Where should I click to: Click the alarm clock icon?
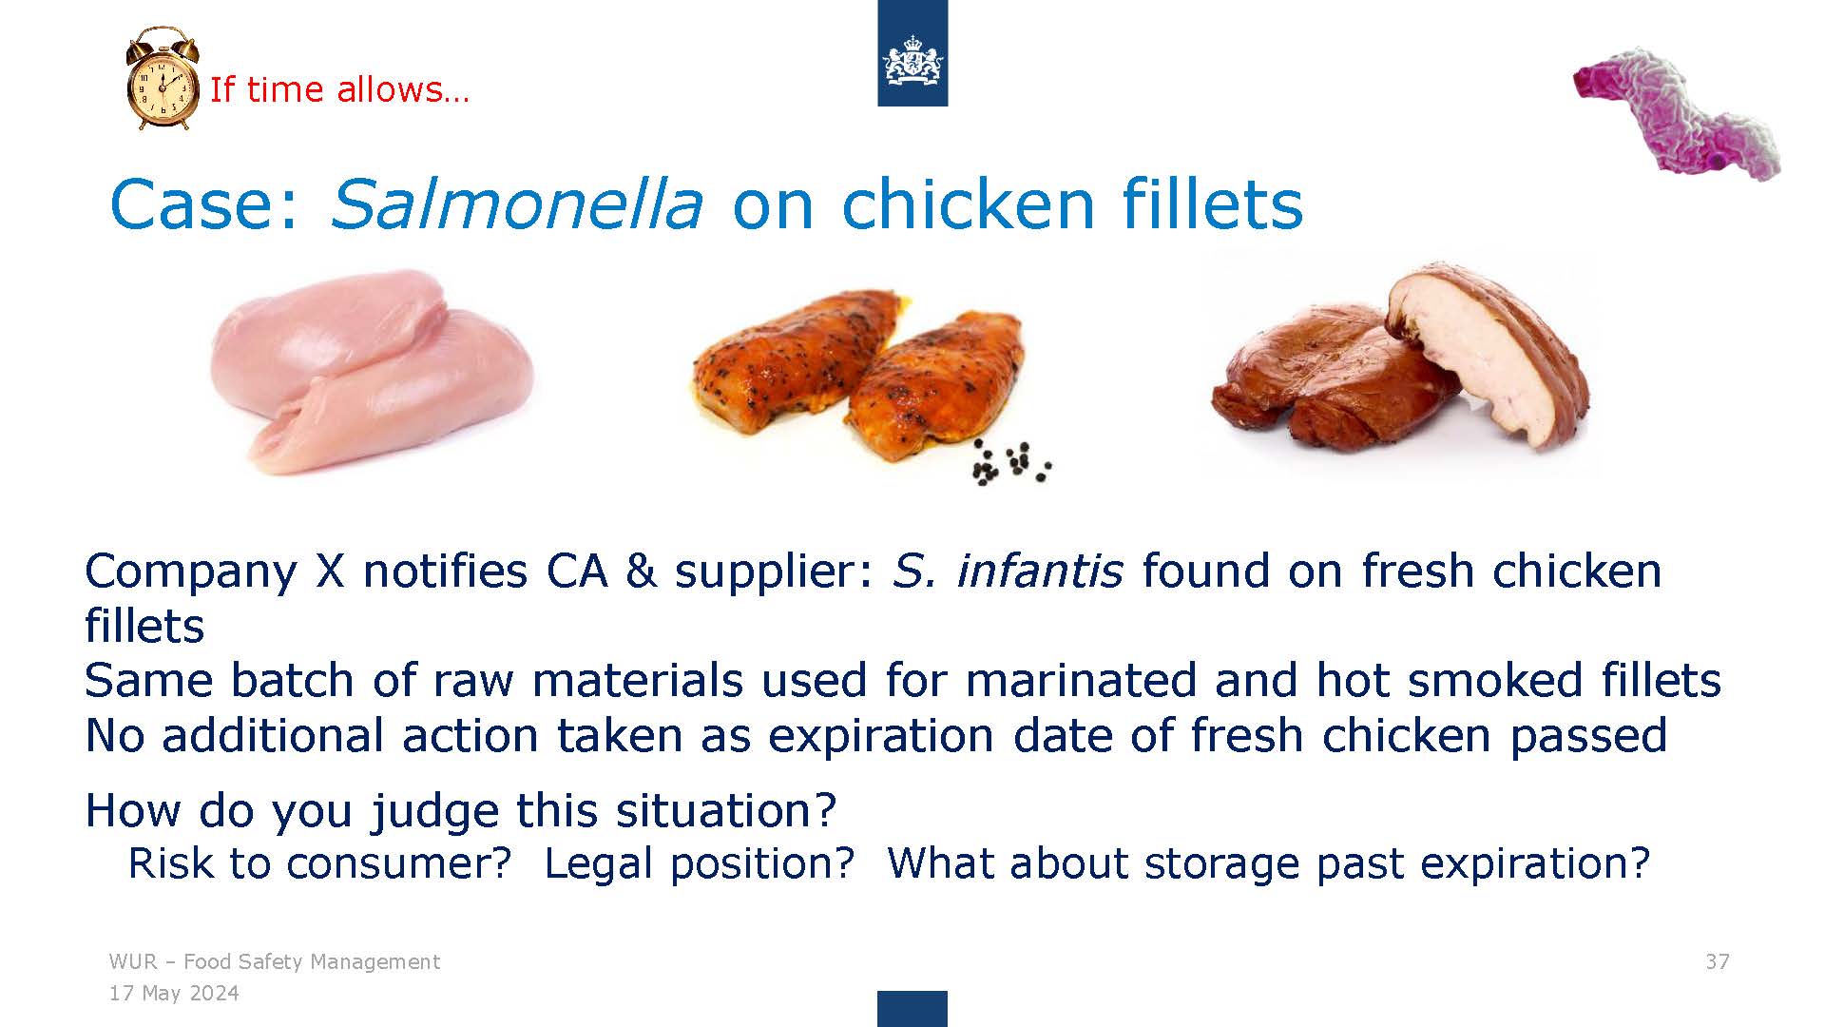click(x=163, y=79)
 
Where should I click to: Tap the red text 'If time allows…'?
click(x=339, y=89)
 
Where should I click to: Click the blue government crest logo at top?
click(x=912, y=53)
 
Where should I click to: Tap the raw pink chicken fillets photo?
click(x=372, y=371)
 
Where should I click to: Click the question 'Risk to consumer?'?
click(x=319, y=862)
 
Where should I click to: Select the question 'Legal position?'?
click(x=700, y=863)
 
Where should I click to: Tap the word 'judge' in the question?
click(x=435, y=811)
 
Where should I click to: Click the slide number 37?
click(x=1718, y=961)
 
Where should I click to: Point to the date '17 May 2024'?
click(x=174, y=994)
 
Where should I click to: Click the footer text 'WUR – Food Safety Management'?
click(x=274, y=961)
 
